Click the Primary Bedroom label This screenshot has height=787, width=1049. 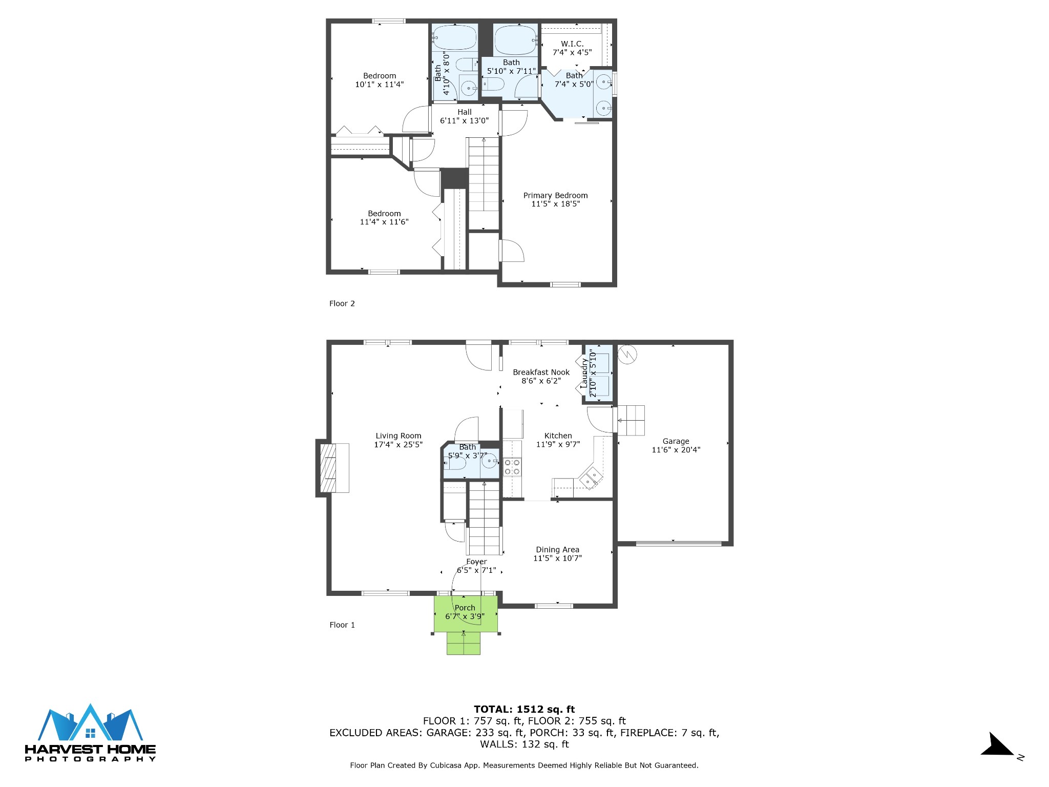coord(555,195)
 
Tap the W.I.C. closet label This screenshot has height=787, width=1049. coord(572,44)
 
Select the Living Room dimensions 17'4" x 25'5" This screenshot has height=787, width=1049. coord(398,444)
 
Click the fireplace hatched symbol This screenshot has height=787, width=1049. coord(328,468)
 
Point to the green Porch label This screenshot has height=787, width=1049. coord(465,608)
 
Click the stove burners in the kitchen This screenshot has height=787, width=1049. coord(512,467)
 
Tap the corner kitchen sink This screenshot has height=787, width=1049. coord(590,478)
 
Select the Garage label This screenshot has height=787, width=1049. coord(676,441)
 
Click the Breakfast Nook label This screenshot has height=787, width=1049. coord(541,372)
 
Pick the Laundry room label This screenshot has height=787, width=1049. coord(584,373)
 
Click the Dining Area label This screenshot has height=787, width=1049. coord(557,550)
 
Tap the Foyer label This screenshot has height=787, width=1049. coord(476,562)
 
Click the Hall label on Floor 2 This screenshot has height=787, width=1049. coord(465,112)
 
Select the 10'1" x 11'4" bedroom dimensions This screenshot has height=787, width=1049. coord(380,85)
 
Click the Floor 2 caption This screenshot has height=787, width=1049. coord(342,303)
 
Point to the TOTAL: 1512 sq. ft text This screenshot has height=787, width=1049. coord(524,710)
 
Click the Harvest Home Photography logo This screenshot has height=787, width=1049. coord(91,733)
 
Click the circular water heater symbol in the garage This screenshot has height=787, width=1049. coord(627,354)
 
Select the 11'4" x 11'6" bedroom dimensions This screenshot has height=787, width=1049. coord(384,222)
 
